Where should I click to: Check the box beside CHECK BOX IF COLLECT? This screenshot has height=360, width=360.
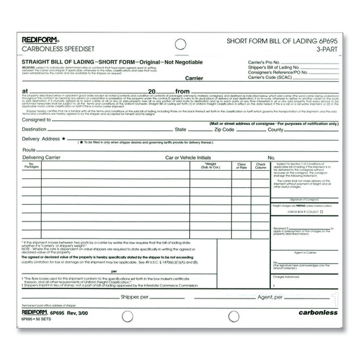click(x=322, y=212)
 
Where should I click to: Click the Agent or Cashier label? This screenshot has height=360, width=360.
click(x=305, y=252)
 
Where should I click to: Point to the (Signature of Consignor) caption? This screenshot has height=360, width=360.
click(x=305, y=200)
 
